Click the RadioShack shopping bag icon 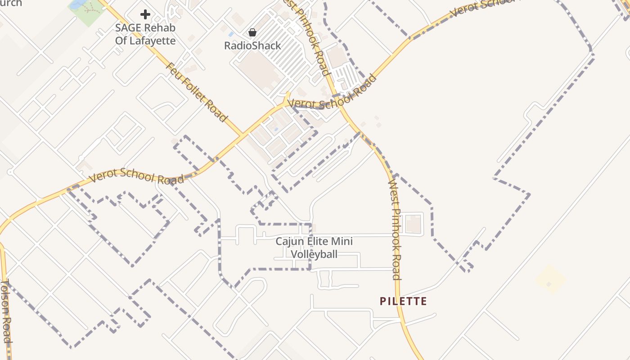pyautogui.click(x=252, y=32)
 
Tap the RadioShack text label pyautogui.click(x=252, y=45)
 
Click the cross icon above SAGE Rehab pyautogui.click(x=145, y=14)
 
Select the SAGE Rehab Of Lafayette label pyautogui.click(x=145, y=34)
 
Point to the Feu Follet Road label pyautogui.click(x=196, y=92)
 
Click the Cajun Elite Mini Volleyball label pyautogui.click(x=314, y=247)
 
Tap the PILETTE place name pyautogui.click(x=403, y=301)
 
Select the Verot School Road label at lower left pyautogui.click(x=136, y=176)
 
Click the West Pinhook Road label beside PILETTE pyautogui.click(x=395, y=229)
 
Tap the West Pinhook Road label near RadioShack pyautogui.click(x=310, y=36)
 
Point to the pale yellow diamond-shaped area pyautogui.click(x=550, y=279)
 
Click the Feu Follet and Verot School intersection pyautogui.click(x=243, y=135)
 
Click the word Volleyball pyautogui.click(x=314, y=254)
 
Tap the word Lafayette pyautogui.click(x=153, y=40)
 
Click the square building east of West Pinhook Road pyautogui.click(x=413, y=224)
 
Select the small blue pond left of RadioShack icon pyautogui.click(x=231, y=34)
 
